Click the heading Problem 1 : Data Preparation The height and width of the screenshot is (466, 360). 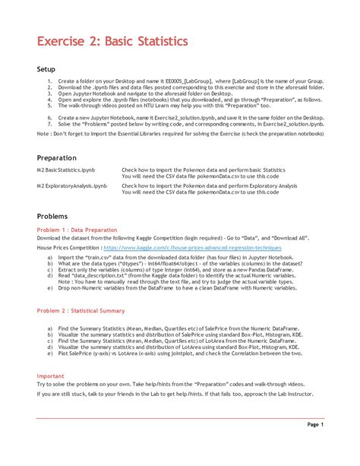[77, 230]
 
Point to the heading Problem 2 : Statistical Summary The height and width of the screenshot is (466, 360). [81, 310]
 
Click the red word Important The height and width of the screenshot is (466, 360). [51, 376]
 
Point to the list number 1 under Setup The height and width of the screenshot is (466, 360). [49, 81]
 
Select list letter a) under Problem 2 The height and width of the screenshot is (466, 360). [50, 328]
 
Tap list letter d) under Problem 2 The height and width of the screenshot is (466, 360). [50, 347]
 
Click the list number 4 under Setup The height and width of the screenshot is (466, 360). [49, 100]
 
